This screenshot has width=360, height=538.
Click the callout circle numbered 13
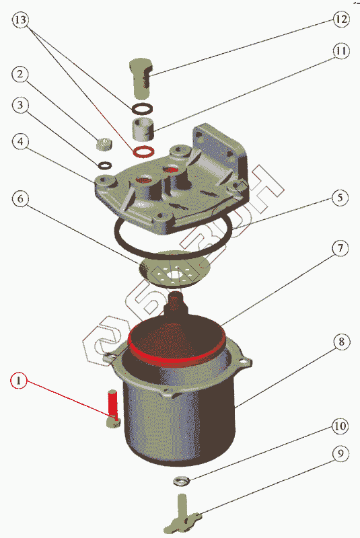point(21,20)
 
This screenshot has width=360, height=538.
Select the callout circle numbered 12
point(340,19)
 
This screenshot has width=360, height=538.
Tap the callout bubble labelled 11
point(340,51)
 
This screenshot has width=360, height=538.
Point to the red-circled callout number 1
point(20,380)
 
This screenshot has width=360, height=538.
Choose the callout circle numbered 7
point(340,248)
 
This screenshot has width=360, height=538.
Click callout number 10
point(340,426)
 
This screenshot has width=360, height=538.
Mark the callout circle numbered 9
point(340,453)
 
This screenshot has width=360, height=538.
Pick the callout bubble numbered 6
point(21,198)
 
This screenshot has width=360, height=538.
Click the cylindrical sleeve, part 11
point(143,128)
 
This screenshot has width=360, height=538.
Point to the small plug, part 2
point(104,144)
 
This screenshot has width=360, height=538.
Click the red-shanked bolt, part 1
point(113,408)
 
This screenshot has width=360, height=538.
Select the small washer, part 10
point(181,481)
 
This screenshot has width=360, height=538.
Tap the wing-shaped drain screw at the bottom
point(182,512)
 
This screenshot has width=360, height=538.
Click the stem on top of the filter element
point(176,303)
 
